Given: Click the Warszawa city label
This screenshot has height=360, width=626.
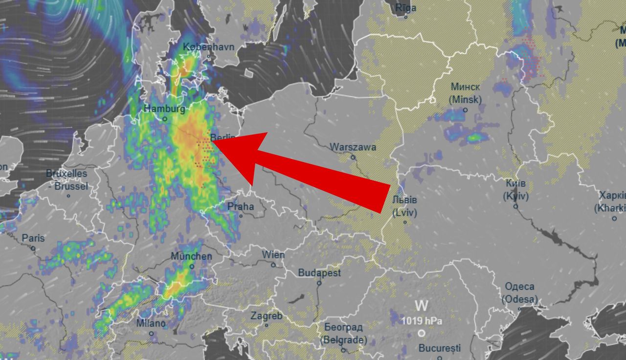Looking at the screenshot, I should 353,147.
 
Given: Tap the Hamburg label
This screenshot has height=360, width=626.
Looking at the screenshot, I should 164,109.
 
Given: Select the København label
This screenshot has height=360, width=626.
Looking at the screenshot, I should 209,47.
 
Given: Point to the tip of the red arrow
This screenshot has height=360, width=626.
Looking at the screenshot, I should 214,142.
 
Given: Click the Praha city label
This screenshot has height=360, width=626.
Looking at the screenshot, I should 241,206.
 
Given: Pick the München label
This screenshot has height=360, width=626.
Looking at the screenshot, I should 191,256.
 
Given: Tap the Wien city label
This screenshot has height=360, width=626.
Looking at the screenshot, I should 273,255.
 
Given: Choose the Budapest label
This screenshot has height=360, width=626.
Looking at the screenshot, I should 319,273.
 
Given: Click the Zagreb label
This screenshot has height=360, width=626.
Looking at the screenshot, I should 266,316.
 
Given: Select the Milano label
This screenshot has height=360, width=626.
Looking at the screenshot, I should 151,324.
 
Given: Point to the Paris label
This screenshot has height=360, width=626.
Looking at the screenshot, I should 33,238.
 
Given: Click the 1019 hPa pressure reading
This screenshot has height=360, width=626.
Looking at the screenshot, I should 422,321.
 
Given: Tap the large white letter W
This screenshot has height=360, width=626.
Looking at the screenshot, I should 422,306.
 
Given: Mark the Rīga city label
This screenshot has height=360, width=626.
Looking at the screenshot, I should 405,8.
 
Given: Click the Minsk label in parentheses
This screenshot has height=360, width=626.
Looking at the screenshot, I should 465,100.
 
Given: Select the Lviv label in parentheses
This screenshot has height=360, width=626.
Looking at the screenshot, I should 405,212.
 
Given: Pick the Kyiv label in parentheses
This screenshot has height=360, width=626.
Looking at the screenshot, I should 515,196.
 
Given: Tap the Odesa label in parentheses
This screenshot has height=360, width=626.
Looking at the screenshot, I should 519,299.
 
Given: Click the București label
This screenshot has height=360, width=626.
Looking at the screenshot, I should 440,349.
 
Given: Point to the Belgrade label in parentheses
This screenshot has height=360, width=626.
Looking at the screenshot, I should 343,340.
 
